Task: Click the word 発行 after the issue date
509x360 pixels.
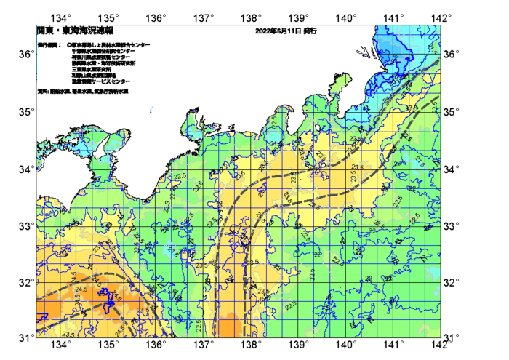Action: coord(309,32)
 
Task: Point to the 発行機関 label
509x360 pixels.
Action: coord(49,45)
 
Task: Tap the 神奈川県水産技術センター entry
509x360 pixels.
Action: coord(102,57)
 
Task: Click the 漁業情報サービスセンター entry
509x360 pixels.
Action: coord(101,81)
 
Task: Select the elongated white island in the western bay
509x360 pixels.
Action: coord(115,145)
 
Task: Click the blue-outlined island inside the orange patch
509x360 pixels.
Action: coord(109,299)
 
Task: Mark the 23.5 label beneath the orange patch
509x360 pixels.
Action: coord(68,334)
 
